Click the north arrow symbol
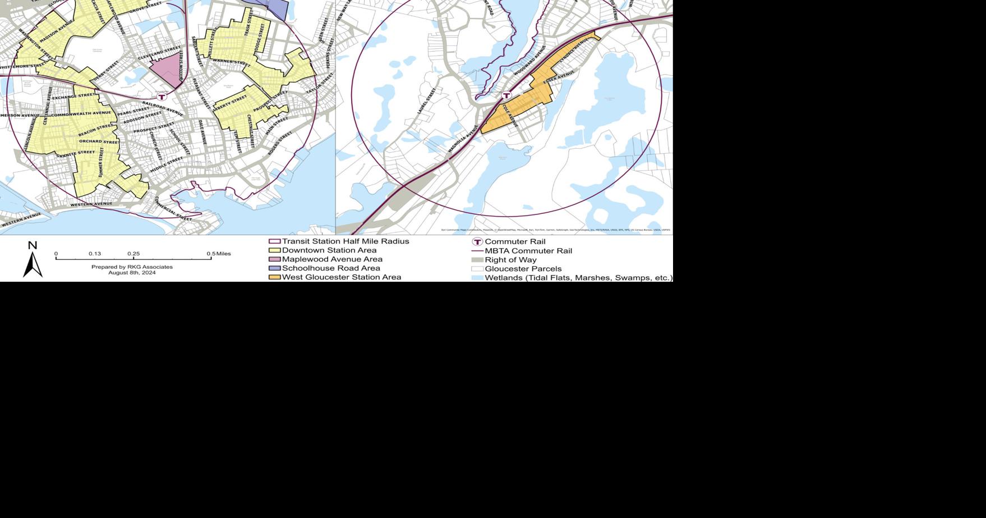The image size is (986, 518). coord(33,264)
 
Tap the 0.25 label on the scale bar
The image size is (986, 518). coord(133,254)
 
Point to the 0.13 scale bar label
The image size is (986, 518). coord(95,254)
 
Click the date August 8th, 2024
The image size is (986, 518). coord(132,273)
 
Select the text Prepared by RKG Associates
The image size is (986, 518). coord(132,267)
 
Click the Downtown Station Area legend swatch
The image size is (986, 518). coord(275,250)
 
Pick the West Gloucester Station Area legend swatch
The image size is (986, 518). coord(275,277)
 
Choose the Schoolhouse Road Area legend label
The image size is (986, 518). coord(331,268)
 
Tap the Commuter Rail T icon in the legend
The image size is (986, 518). coord(477,242)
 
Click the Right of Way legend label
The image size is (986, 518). coord(510,260)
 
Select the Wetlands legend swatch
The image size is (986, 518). coord(477,278)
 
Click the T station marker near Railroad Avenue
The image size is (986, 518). coord(162,97)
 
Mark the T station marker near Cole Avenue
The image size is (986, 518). coord(506,95)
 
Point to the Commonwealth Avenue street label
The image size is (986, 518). coord(81,114)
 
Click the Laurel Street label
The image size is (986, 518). coord(426,102)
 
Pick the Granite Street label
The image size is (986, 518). coord(76,153)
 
